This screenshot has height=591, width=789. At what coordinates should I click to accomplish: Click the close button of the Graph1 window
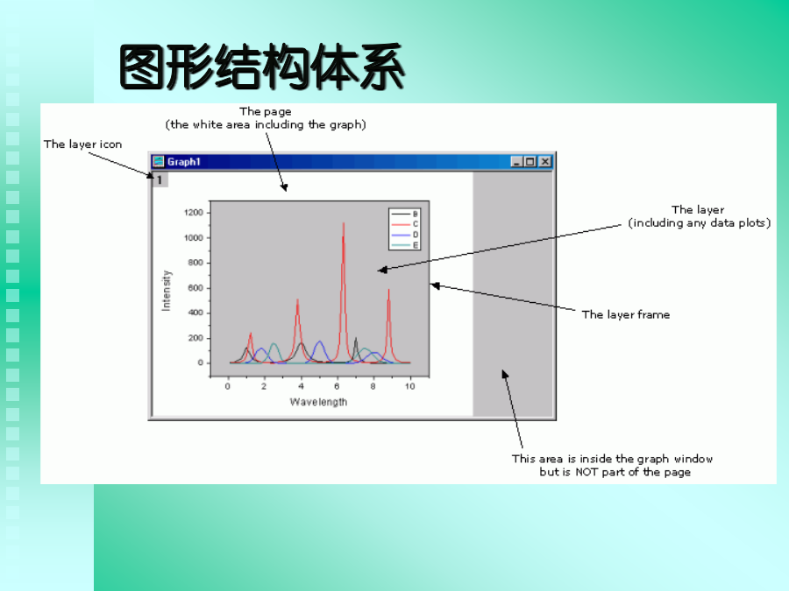[545, 162]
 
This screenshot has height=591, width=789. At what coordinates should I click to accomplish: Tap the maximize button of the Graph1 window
[530, 162]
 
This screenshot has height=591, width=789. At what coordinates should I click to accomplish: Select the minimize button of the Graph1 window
[516, 162]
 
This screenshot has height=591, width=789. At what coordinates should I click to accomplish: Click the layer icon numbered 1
[160, 179]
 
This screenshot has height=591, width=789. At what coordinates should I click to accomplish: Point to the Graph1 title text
[184, 162]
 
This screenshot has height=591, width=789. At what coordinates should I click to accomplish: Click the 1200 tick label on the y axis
[194, 213]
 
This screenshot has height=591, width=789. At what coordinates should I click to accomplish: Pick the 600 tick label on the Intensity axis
[195, 288]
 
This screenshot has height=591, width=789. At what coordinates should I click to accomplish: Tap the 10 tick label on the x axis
[410, 386]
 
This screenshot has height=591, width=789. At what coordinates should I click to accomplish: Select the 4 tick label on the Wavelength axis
[301, 386]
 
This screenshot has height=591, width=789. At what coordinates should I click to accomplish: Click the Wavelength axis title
[318, 402]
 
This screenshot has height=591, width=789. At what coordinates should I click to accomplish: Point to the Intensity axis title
[166, 291]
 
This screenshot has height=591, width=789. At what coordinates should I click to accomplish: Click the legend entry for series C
[404, 224]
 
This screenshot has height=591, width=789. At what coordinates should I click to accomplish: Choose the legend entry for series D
[404, 235]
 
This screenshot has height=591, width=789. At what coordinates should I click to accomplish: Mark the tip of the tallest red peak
[344, 222]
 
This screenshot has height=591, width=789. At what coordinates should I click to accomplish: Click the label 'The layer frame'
[626, 314]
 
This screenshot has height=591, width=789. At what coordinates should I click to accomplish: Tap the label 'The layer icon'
[82, 144]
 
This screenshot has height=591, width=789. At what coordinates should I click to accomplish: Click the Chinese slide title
[261, 67]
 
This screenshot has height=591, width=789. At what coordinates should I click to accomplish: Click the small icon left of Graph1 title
[159, 161]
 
